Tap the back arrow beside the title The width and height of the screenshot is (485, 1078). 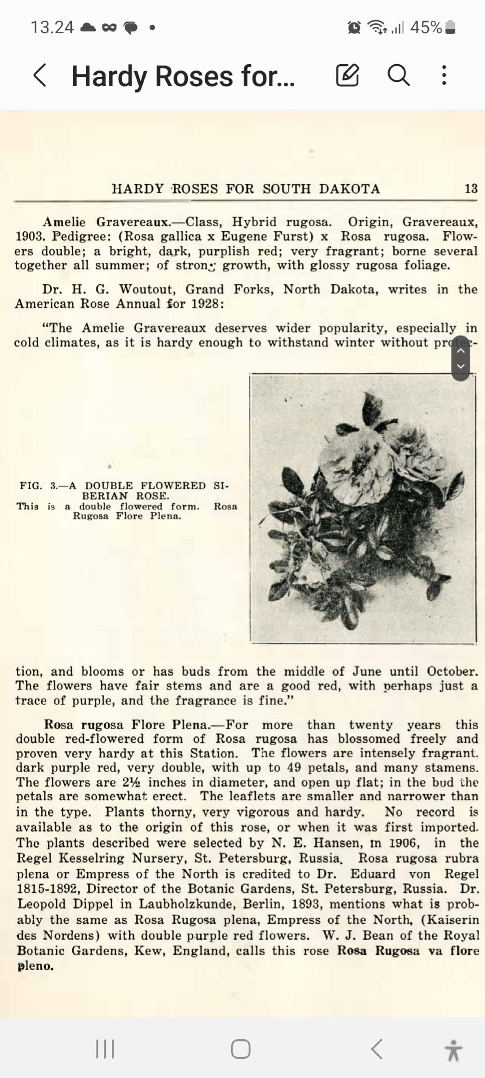point(40,75)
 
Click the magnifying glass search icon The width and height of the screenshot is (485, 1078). point(398,75)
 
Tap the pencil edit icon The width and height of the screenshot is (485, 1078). point(348,75)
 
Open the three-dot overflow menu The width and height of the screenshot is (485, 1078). point(444,75)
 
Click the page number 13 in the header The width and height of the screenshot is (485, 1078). point(471,189)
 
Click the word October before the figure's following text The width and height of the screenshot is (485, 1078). point(452,672)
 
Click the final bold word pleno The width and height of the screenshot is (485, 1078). point(35,966)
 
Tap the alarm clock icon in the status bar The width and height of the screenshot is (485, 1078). point(354,28)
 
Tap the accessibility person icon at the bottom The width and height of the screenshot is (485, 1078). point(454,1050)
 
